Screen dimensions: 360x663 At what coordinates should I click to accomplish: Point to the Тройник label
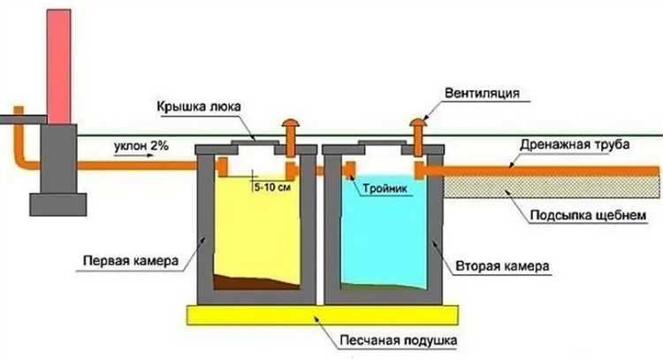point(390,188)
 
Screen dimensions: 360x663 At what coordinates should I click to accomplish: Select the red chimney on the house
point(59,62)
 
